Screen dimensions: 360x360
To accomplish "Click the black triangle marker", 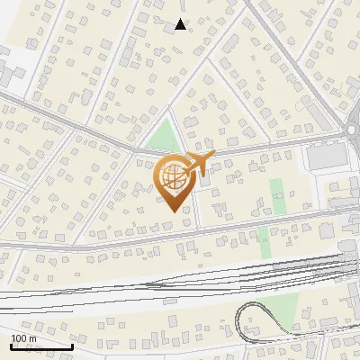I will coord(181,24).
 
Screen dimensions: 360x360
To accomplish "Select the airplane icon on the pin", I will coord(198,164).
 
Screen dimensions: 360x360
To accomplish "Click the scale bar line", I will coord(41,346).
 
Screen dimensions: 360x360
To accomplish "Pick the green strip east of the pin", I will coord(275,191).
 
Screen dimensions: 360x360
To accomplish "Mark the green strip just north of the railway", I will coord(264,239).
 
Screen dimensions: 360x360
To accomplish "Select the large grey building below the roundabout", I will coord(323,157).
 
